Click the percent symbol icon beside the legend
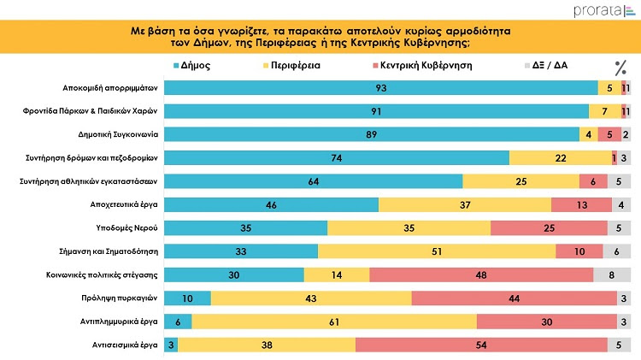620,68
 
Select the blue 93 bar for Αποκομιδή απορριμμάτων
380,87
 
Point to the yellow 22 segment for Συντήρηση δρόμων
560,157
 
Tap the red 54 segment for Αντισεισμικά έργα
485,344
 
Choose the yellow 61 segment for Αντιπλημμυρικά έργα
334,321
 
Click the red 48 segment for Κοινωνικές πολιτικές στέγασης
481,274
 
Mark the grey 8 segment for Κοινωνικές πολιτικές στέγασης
612,274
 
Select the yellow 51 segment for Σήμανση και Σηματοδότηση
436,251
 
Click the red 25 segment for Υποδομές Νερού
549,227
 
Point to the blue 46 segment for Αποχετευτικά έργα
271,204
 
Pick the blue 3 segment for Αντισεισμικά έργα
171,344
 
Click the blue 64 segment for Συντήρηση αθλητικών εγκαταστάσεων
313,180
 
